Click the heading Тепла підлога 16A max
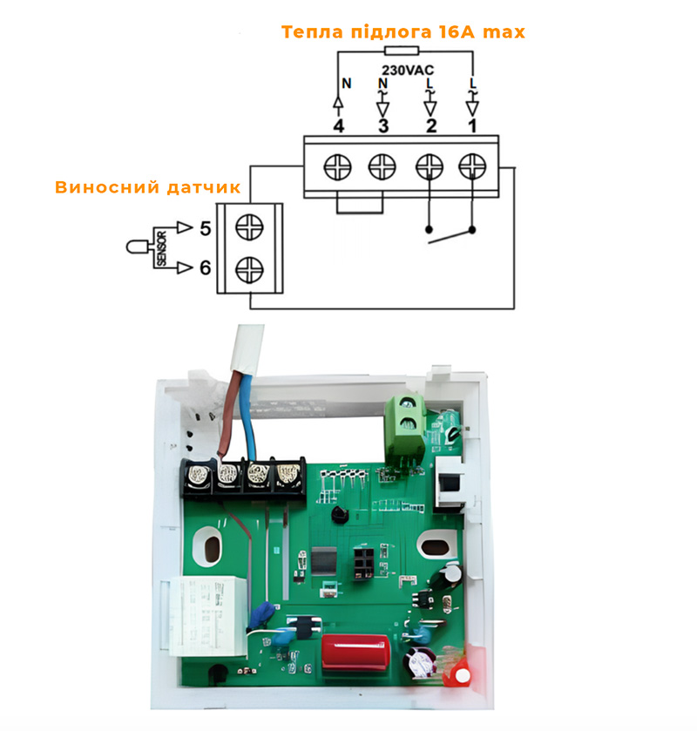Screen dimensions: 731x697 coord(403,32)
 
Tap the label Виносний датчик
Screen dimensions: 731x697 coord(147,187)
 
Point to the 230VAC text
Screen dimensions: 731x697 coord(408,69)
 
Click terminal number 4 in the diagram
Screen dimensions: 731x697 coord(338,126)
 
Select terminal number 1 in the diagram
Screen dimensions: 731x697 coord(472,126)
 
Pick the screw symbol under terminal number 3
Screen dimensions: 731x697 coord(382,166)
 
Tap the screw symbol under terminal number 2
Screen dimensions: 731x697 coord(428,166)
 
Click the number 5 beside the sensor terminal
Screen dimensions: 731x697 coord(205,228)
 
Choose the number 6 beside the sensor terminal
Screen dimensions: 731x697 coord(205,267)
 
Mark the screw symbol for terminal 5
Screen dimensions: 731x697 coord(250,227)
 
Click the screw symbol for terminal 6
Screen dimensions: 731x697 coord(250,267)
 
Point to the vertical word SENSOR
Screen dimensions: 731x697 coord(160,248)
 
